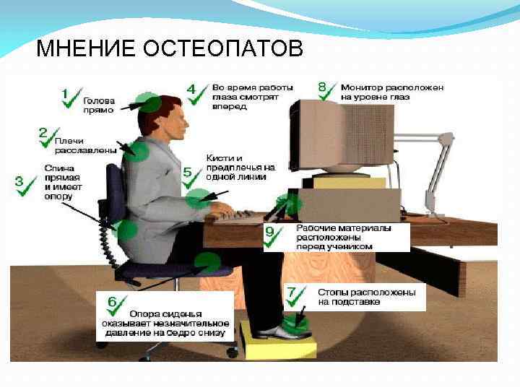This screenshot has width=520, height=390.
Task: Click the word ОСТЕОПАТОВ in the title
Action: click(223, 48)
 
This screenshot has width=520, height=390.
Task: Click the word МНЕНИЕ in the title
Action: click(85, 48)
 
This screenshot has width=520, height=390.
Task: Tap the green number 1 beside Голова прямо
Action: click(65, 94)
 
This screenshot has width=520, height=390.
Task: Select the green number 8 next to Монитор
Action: click(322, 87)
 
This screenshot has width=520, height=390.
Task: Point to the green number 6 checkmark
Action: click(112, 302)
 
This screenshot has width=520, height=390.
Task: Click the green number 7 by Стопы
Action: click(291, 292)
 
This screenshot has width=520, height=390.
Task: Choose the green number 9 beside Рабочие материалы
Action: click(269, 232)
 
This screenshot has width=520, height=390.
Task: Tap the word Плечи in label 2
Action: click(69, 141)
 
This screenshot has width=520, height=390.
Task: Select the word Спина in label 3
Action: click(59, 168)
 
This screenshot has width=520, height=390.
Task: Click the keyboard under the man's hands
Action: click(239, 215)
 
